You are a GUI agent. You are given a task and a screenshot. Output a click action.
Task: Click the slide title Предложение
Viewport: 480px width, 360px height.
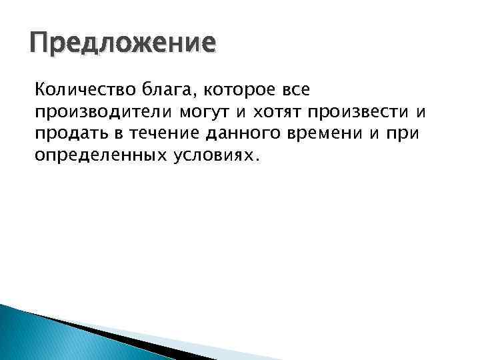(123, 45)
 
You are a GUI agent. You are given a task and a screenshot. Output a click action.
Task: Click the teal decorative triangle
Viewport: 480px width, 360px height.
(33, 337)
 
